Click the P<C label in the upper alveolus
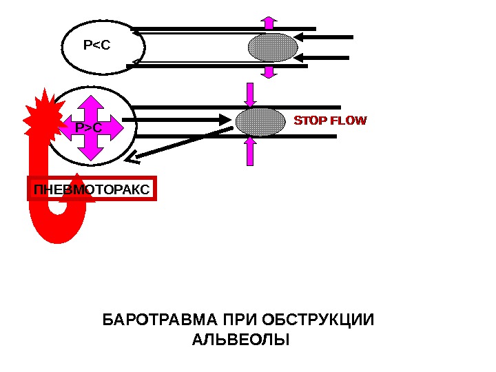[96, 45]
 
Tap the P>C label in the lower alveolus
[88, 128]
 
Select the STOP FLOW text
[331, 121]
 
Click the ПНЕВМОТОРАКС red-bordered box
[92, 189]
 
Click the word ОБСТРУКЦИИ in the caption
[323, 321]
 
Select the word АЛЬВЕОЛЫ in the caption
[239, 340]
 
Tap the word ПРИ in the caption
[239, 321]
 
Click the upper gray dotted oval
[273, 48]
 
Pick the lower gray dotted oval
[260, 121]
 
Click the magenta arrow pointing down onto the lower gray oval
[251, 94]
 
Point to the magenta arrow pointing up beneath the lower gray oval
[251, 150]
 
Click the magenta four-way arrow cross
[88, 127]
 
